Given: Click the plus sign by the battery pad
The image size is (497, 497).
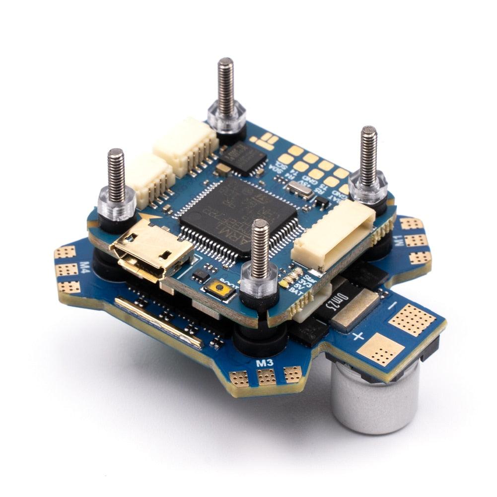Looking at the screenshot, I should (357, 337).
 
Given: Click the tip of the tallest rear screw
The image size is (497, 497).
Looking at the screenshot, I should (226, 63).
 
